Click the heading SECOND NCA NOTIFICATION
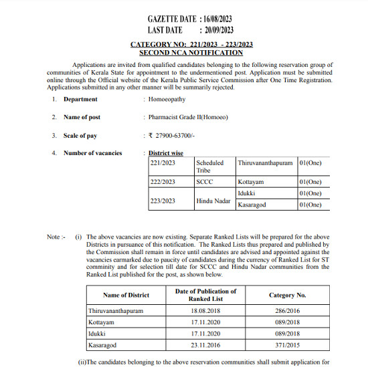(191, 52)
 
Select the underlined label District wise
(167, 153)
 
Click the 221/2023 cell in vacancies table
(163, 163)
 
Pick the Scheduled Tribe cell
(210, 166)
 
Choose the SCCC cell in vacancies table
(204, 182)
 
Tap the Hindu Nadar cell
(213, 200)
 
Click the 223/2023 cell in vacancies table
(163, 200)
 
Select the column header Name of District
(126, 295)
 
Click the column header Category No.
(287, 295)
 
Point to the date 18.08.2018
(205, 312)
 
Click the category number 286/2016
(287, 312)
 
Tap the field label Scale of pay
(80, 136)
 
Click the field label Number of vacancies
(93, 153)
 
